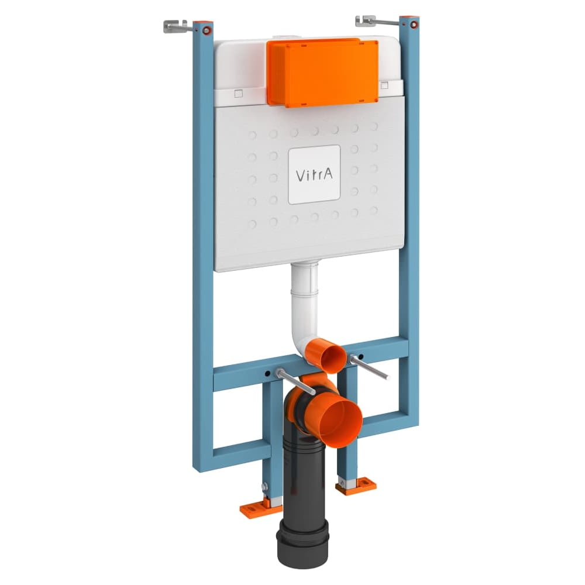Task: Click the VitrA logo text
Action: click(314, 174)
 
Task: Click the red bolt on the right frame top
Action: click(414, 25)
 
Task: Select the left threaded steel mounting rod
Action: click(295, 381)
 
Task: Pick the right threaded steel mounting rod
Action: click(369, 367)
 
